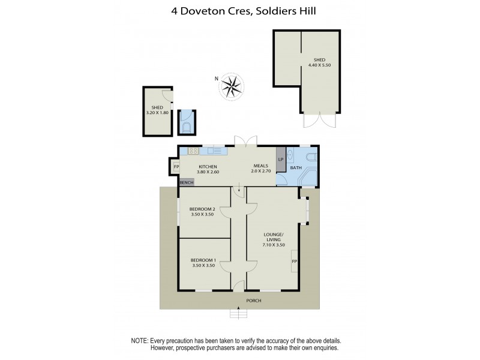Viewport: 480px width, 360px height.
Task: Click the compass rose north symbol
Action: [229, 85]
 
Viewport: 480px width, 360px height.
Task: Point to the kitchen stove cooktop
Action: [193, 151]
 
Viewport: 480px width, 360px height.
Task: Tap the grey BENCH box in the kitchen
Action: [187, 181]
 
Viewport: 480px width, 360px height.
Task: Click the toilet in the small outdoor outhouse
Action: [187, 127]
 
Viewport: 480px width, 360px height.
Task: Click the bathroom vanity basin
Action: [290, 155]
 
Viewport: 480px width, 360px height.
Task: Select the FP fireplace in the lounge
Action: [295, 262]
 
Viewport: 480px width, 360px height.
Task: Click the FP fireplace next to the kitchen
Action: [176, 167]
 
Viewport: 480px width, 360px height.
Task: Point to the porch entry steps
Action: [239, 313]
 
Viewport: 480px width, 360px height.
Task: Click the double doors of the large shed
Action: [319, 120]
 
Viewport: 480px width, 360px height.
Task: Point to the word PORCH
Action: [253, 300]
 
